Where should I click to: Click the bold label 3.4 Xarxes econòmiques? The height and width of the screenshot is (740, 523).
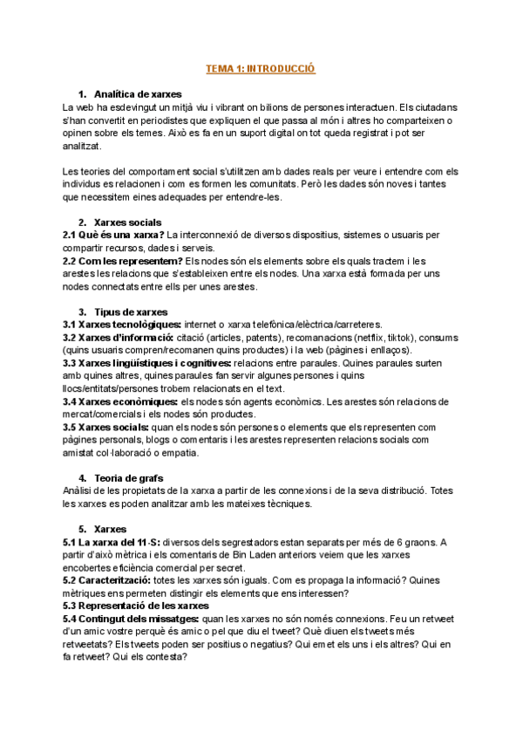coord(120,401)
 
